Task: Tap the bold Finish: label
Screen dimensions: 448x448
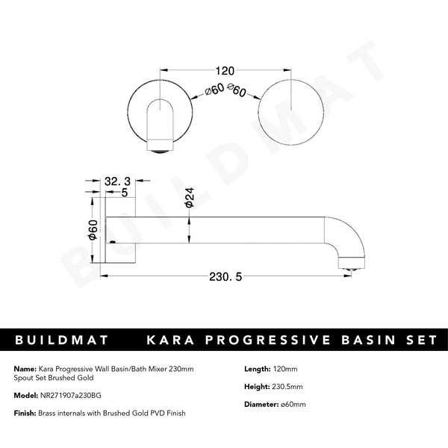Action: point(25,413)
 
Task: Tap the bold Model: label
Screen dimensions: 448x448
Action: point(26,396)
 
